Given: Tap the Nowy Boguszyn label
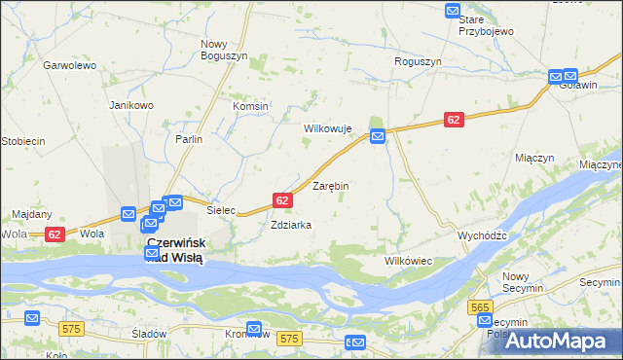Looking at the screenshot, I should click(x=224, y=50).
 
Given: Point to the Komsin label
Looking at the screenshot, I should click(x=250, y=106).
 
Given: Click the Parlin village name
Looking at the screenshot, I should click(x=189, y=139).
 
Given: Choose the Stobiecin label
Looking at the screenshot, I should click(x=22, y=141).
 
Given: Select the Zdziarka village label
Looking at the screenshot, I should click(x=291, y=225).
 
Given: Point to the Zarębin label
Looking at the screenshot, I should click(x=330, y=185).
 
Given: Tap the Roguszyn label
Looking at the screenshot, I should click(x=418, y=61).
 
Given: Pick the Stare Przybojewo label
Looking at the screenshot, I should click(x=486, y=25).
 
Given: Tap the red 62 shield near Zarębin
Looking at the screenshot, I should click(x=282, y=199).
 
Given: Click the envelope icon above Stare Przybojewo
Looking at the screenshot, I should click(x=453, y=11).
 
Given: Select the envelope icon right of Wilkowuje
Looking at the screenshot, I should click(x=378, y=136).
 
